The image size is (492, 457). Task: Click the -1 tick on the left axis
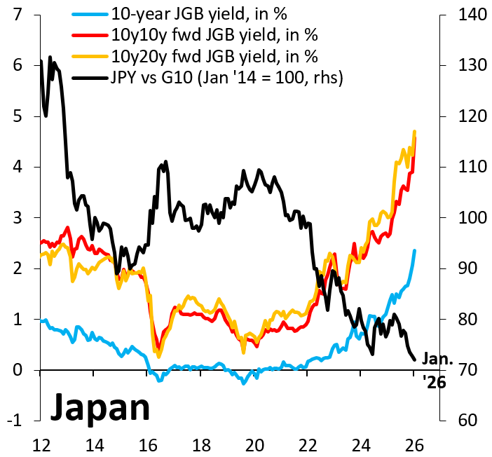pyautogui.click(x=13, y=421)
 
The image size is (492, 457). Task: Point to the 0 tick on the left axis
pyautogui.click(x=15, y=370)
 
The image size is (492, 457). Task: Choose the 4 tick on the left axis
pyautogui.click(x=15, y=167)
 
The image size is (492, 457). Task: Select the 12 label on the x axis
pyautogui.click(x=40, y=444)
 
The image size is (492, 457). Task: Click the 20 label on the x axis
pyautogui.click(x=255, y=444)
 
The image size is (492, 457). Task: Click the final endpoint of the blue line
pyautogui.click(x=415, y=251)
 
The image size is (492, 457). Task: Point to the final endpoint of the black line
pyautogui.click(x=415, y=360)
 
